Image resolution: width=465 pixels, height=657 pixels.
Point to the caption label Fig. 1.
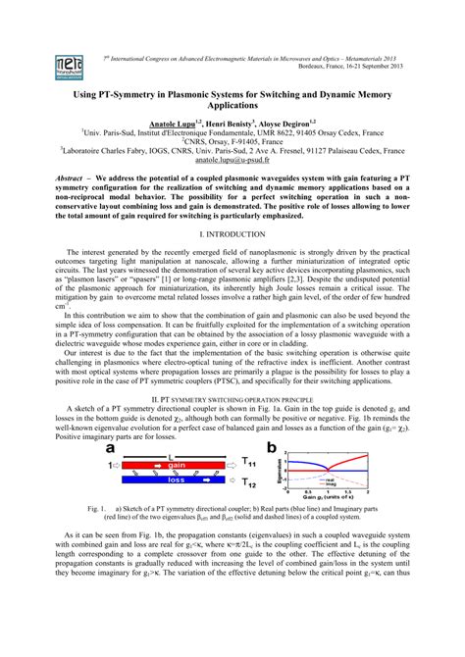click(96, 512)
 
